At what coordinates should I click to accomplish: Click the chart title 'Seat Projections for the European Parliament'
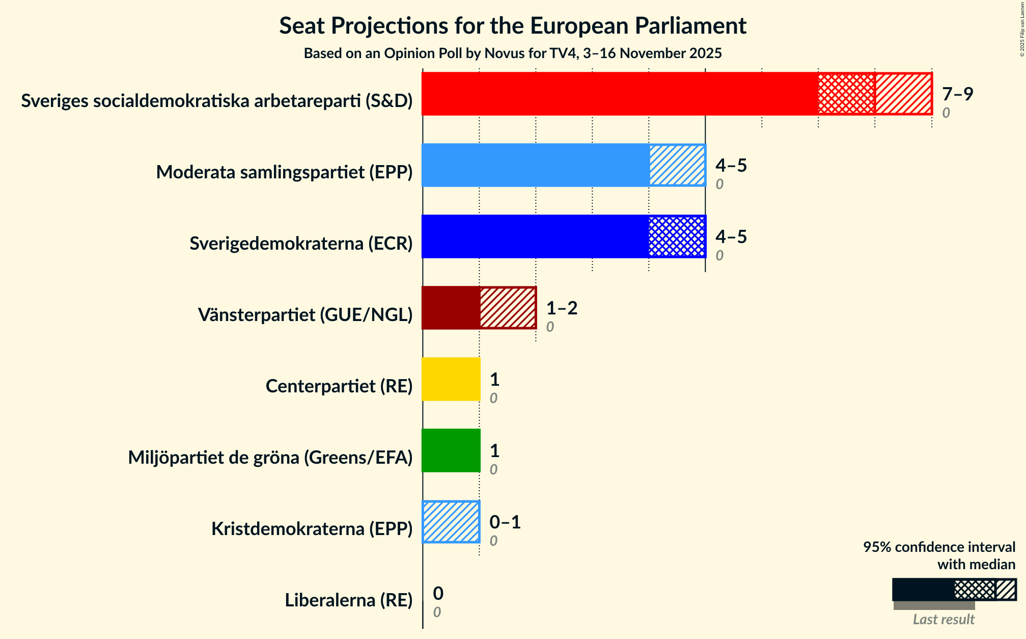pyautogui.click(x=513, y=26)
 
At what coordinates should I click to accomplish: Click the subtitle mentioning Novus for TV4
pyautogui.click(x=513, y=54)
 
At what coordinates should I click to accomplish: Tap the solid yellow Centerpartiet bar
pyautogui.click(x=451, y=379)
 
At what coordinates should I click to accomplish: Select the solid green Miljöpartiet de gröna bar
pyautogui.click(x=451, y=450)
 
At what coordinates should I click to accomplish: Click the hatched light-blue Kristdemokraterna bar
pyautogui.click(x=451, y=522)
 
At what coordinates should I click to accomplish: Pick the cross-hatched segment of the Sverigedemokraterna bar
pyautogui.click(x=677, y=236)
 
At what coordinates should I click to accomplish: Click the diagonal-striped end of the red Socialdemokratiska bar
pyautogui.click(x=903, y=94)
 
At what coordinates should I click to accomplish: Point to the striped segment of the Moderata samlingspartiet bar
pyautogui.click(x=677, y=165)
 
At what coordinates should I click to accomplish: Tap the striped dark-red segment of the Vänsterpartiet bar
pyautogui.click(x=508, y=308)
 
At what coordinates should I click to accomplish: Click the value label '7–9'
pyautogui.click(x=957, y=94)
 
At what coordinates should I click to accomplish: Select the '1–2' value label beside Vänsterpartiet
pyautogui.click(x=562, y=308)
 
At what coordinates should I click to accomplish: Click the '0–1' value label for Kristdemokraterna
pyautogui.click(x=505, y=522)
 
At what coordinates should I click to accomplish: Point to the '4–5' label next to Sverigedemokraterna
pyautogui.click(x=731, y=237)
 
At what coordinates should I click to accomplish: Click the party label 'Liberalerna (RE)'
pyautogui.click(x=349, y=600)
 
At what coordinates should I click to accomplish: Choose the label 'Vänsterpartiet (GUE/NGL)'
pyautogui.click(x=305, y=315)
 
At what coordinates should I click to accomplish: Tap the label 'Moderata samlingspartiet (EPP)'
pyautogui.click(x=284, y=172)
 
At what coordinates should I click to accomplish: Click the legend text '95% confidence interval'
pyautogui.click(x=939, y=547)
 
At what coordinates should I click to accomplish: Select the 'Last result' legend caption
pyautogui.click(x=944, y=619)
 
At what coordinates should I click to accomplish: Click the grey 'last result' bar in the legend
pyautogui.click(x=934, y=605)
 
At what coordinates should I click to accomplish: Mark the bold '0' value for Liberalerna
pyautogui.click(x=438, y=594)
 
